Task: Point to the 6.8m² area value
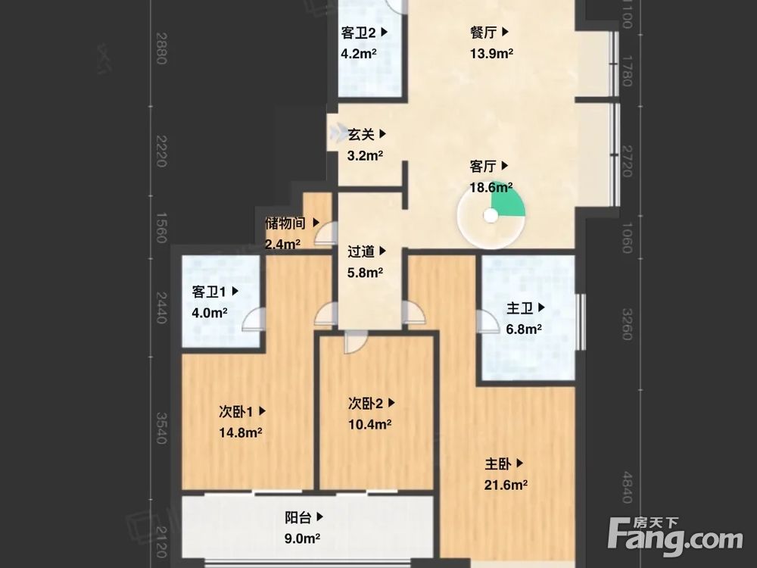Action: pyautogui.click(x=524, y=329)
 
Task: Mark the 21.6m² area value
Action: pyautogui.click(x=506, y=485)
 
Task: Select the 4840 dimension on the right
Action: pyautogui.click(x=626, y=487)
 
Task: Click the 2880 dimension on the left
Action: pyautogui.click(x=160, y=48)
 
